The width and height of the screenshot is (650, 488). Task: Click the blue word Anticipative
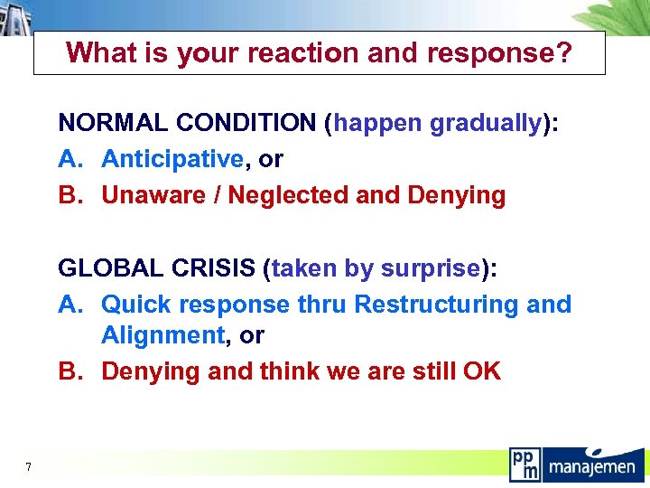172,159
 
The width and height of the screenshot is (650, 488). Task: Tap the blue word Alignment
162,335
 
